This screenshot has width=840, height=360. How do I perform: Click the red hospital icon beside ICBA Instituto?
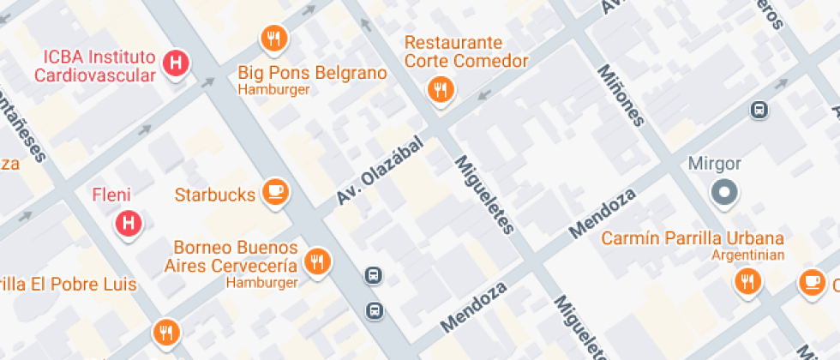click(177, 63)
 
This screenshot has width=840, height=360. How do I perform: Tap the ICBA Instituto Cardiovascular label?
click(94, 66)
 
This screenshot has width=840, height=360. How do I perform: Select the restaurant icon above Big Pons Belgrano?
click(273, 38)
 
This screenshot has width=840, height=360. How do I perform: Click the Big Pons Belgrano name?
click(312, 73)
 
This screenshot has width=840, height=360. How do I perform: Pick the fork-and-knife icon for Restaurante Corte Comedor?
click(441, 89)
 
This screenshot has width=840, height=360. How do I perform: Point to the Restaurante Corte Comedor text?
click(465, 51)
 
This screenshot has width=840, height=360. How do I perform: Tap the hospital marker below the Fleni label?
click(129, 224)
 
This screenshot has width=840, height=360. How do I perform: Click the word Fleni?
click(111, 195)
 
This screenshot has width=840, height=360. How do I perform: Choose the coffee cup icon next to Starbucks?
click(274, 192)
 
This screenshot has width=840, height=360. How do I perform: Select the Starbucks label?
click(215, 195)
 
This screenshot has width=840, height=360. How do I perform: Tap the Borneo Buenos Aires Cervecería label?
click(231, 256)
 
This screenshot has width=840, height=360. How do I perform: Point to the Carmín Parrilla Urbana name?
click(692, 237)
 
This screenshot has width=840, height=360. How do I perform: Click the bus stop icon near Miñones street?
click(759, 110)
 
